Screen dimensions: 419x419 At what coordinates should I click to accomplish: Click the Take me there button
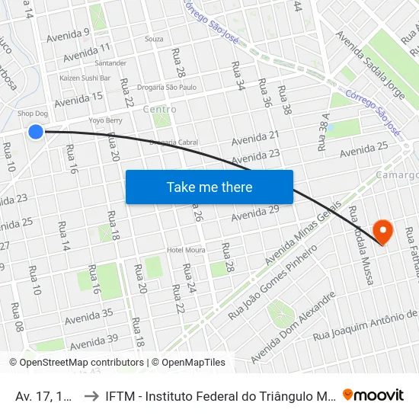[x=209, y=187]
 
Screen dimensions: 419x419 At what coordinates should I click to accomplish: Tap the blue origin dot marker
[x=36, y=132]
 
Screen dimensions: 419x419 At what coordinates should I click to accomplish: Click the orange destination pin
[x=382, y=231]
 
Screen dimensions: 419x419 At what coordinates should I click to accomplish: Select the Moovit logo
[x=373, y=395]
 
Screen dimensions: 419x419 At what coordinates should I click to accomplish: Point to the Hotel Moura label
[x=186, y=250]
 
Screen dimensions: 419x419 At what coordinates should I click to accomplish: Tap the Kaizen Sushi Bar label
[x=85, y=78]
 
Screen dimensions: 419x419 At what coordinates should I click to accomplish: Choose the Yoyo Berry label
[x=106, y=120]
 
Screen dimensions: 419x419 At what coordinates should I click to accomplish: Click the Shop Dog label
[x=33, y=114]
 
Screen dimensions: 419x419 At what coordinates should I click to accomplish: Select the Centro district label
[x=159, y=110]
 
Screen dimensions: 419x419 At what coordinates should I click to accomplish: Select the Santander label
[x=111, y=63]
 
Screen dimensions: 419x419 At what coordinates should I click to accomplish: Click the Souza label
[x=154, y=38]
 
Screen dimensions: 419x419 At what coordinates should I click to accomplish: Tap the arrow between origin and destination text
[x=90, y=395]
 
